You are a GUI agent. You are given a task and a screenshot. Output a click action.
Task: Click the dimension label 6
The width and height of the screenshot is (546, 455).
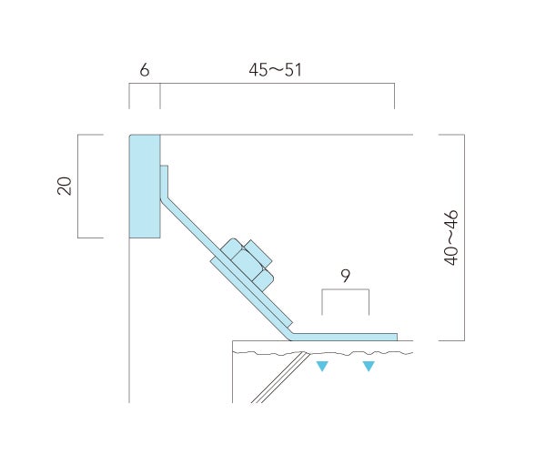[x=145, y=69]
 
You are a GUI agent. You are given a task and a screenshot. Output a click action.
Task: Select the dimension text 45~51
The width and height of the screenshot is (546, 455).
[x=275, y=69]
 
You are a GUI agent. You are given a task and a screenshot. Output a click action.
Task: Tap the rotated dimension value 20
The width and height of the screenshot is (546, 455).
[x=65, y=186]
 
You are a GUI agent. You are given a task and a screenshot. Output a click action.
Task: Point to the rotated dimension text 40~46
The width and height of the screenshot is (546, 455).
[x=450, y=238]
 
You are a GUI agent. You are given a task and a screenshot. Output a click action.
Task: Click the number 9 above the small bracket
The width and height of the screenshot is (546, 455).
[x=345, y=276]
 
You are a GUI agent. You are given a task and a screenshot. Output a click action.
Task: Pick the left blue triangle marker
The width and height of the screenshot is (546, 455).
[x=321, y=367]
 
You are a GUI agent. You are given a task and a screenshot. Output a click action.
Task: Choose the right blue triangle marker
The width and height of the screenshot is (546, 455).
[x=369, y=367]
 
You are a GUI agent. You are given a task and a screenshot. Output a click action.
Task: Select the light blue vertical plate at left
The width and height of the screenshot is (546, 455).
[x=145, y=187]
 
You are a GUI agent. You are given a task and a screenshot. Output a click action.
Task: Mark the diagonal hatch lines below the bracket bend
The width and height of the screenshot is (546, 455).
[x=273, y=378]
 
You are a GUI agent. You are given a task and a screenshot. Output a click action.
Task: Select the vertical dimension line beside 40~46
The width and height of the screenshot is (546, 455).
[x=464, y=238]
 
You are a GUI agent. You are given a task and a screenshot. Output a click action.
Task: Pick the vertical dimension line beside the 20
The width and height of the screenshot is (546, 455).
[x=78, y=186]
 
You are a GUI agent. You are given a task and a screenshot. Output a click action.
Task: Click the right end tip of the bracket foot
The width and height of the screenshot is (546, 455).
[x=395, y=337]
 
